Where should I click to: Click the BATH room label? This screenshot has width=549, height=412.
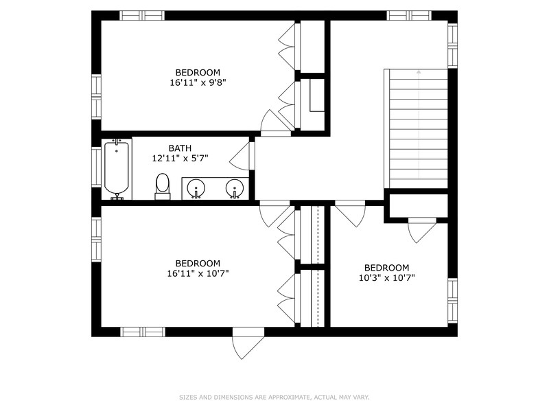coord(180,148)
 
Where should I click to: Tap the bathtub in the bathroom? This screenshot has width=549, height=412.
coord(117,169)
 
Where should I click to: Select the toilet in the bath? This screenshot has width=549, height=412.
coord(162,186)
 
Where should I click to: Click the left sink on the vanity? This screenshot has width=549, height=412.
coord(196,188)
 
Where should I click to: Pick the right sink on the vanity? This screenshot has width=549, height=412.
coord(234,188)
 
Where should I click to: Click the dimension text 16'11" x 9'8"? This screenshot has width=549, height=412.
coord(198,82)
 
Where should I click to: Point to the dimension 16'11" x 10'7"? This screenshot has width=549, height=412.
coord(198,273)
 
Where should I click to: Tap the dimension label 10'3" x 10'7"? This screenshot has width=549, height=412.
coord(387,278)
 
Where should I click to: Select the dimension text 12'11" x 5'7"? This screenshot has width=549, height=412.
coord(180,159)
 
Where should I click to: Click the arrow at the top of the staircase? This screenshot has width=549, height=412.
coord(419,72)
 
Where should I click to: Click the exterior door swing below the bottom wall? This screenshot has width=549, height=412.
coord(247,343)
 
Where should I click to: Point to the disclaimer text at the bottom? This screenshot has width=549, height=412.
coord(274,398)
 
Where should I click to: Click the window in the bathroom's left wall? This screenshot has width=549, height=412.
coord(96,167)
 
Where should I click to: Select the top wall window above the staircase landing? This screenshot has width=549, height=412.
coord(409,16)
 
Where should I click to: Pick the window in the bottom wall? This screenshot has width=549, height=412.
coord(142,332)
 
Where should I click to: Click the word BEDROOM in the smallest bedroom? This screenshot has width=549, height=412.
coord(386,268)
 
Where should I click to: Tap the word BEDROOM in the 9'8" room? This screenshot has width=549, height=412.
coord(198,73)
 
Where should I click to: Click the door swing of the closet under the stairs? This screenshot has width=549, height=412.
coord(422,231)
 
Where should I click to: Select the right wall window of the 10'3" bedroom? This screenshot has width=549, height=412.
coord(453,301)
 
